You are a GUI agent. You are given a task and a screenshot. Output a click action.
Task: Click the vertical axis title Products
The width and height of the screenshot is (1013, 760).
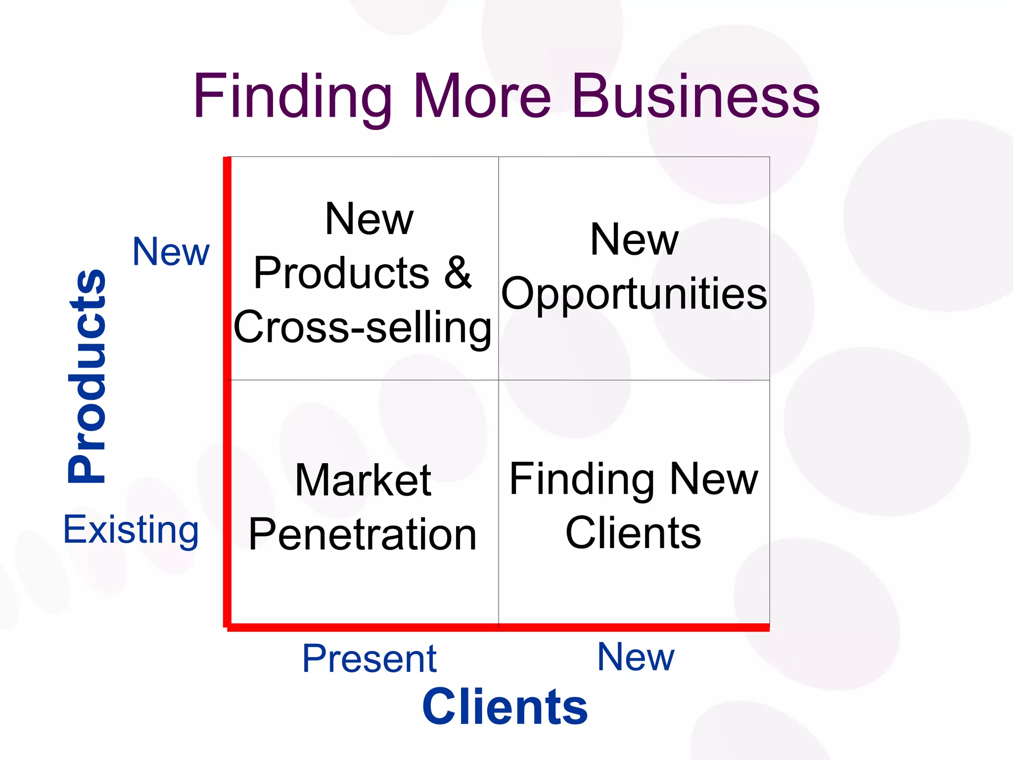[88, 376]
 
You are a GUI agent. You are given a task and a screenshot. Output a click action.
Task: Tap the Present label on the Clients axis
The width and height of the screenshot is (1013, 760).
[369, 659]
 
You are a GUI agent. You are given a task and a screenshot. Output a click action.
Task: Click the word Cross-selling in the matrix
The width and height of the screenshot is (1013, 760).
[363, 328]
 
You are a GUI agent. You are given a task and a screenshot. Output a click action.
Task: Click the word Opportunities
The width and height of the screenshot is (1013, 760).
[634, 294]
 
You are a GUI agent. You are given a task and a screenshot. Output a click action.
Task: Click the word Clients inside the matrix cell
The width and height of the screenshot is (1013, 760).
[633, 533]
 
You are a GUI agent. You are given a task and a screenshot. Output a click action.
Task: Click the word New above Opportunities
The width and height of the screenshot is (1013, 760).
[634, 239]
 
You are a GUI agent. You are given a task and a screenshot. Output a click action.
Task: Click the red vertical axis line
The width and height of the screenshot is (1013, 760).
[227, 391]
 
